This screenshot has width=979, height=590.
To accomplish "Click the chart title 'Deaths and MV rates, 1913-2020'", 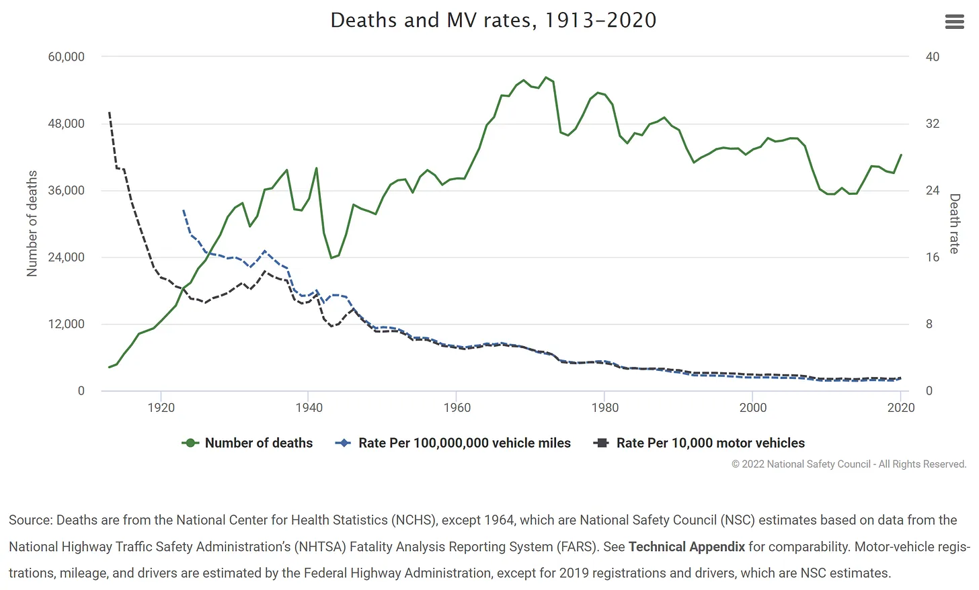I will (493, 20).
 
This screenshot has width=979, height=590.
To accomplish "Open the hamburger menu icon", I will (954, 22).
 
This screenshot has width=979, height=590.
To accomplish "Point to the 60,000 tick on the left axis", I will (66, 57).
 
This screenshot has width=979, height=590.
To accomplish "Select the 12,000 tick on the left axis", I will (66, 324).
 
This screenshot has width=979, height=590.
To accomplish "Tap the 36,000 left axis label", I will (66, 190).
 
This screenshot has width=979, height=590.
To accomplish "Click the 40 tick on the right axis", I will (932, 57).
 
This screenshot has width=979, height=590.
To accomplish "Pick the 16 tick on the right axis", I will (932, 257).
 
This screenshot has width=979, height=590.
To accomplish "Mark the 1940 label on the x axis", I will (309, 408).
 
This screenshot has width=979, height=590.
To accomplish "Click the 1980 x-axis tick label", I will (604, 408).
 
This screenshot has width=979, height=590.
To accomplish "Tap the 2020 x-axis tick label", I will (900, 408).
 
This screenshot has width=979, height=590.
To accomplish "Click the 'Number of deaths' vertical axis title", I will (32, 223).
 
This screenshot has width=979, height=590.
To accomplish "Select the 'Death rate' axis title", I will (954, 223).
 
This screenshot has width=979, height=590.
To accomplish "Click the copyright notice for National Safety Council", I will (849, 464).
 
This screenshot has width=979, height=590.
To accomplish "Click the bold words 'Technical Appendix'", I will (687, 547).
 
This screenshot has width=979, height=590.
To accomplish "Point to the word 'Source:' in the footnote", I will (30, 520).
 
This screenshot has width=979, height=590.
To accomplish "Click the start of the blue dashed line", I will (184, 211).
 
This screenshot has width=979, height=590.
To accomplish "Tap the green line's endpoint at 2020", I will (901, 155).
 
